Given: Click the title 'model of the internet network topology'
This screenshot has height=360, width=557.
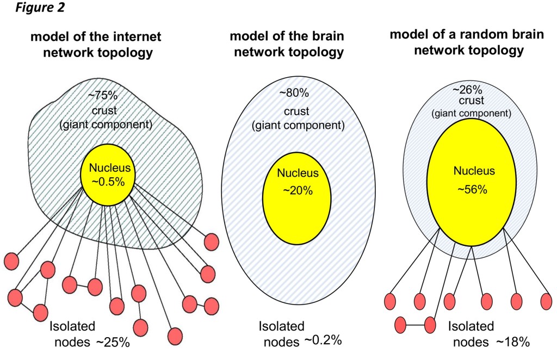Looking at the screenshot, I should click(96, 45).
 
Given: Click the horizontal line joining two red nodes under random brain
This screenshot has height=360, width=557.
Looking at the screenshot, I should click(416, 325).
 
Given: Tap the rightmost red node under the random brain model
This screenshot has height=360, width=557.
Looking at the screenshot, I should click(546, 300).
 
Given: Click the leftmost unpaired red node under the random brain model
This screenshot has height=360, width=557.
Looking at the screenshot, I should click(389, 300).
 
